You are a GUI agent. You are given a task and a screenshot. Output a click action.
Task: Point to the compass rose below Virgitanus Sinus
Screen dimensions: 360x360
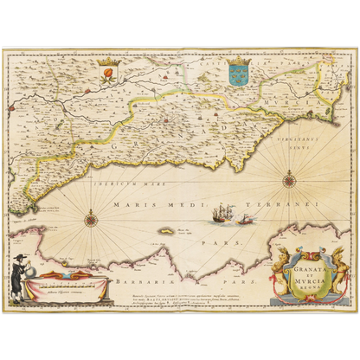coord(288,180)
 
